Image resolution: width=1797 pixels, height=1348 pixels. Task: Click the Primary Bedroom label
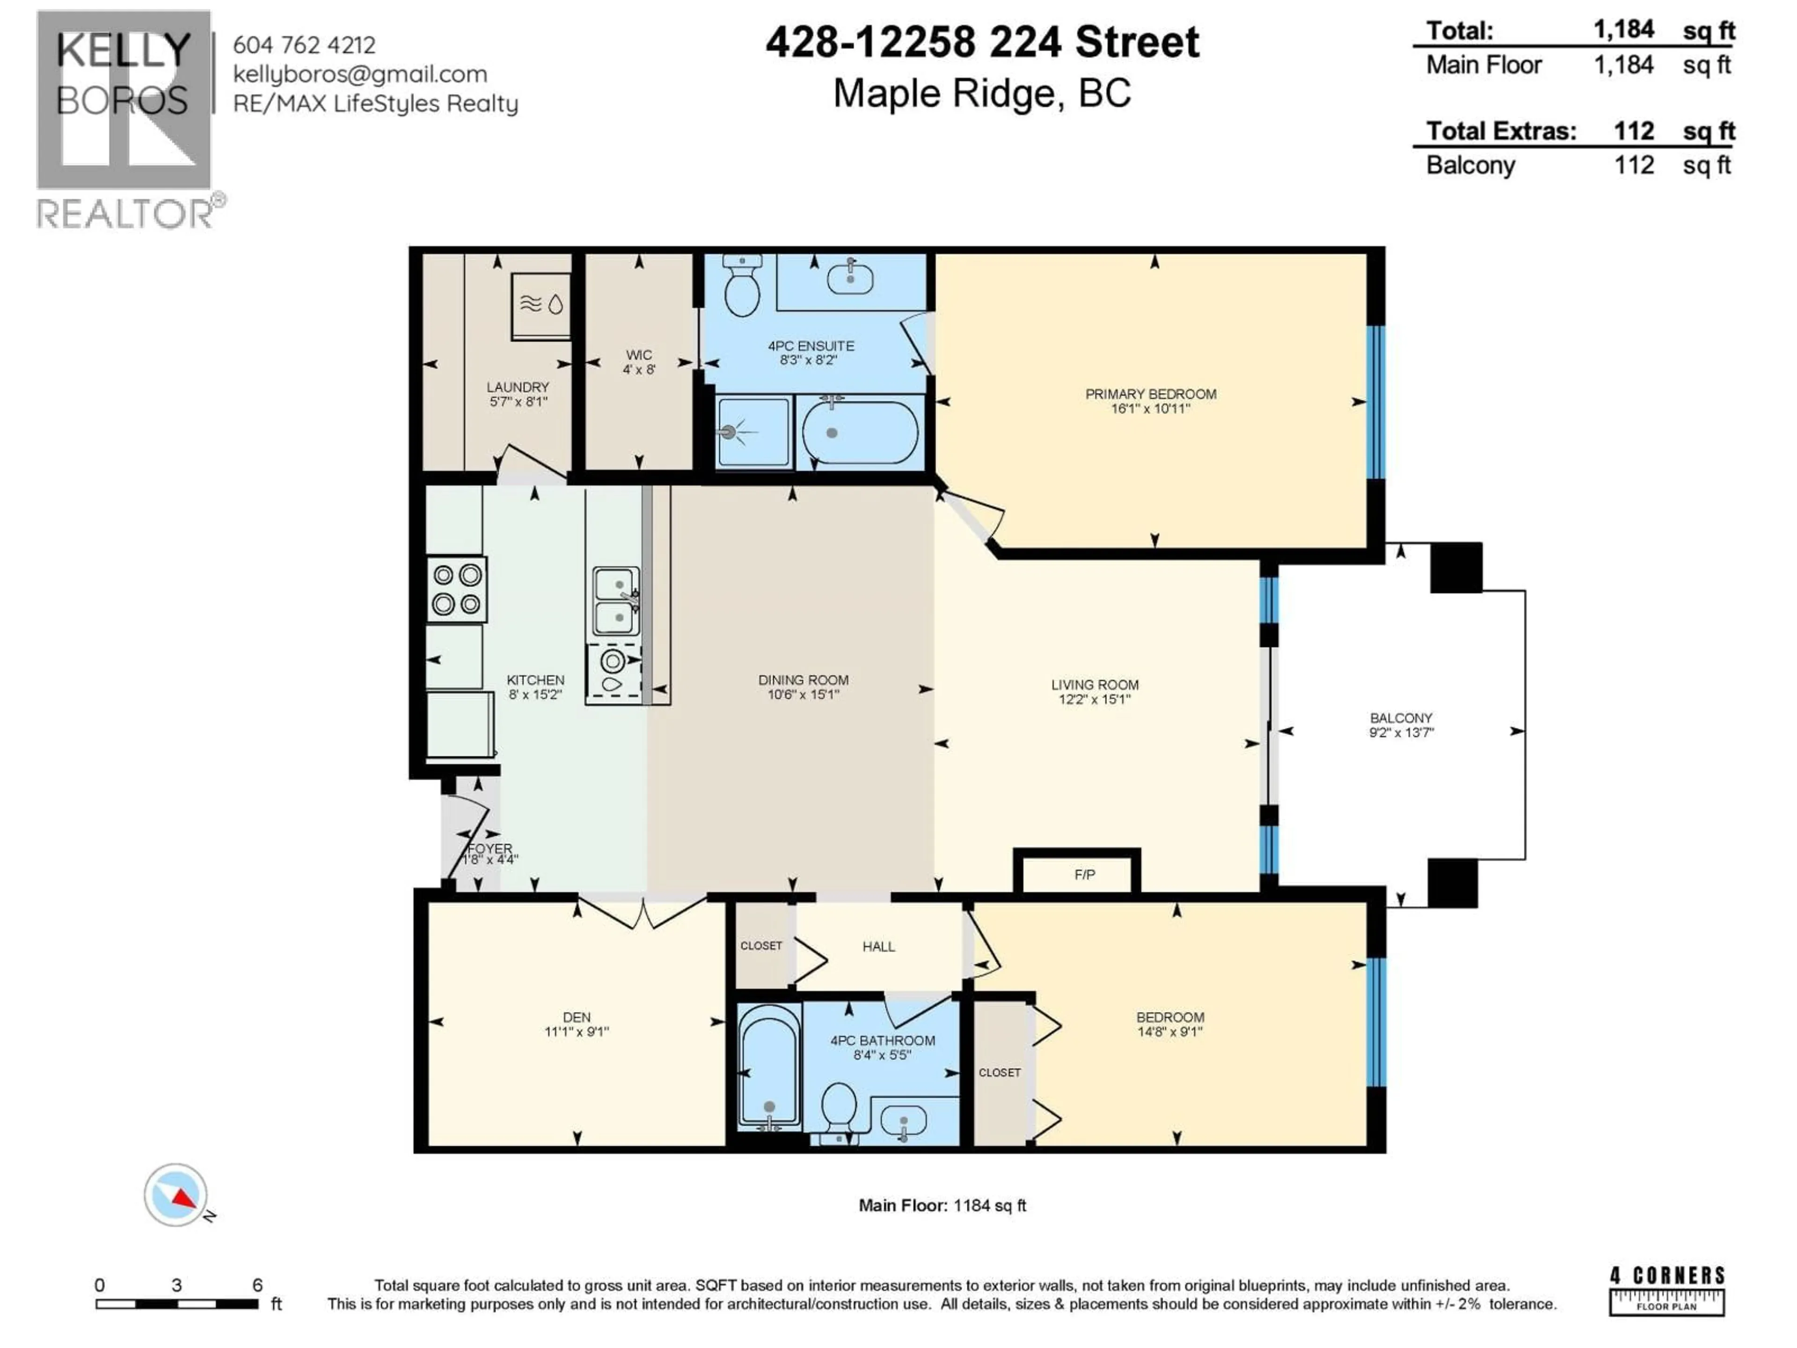[x=1150, y=394]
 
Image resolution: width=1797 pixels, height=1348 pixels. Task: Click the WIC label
[x=638, y=355]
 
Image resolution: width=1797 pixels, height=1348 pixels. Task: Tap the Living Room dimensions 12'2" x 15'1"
[x=1094, y=699]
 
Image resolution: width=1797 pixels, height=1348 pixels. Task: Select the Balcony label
[x=1401, y=718]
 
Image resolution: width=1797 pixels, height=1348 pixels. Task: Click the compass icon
[x=175, y=1194]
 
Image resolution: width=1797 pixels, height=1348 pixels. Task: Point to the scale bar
[x=176, y=1304]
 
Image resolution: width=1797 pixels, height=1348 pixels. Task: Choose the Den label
[x=577, y=1017]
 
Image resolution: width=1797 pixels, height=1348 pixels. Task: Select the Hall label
[x=878, y=946]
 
